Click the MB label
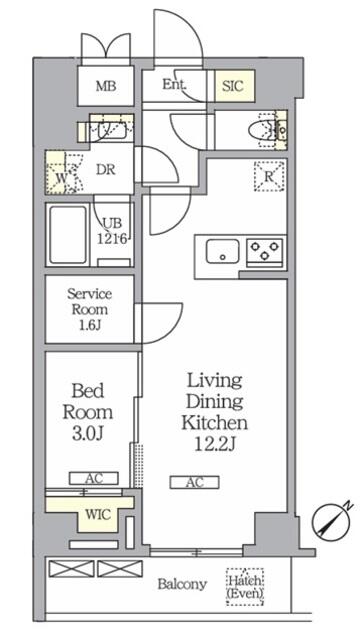pos(106,86)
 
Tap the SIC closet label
pos(233,86)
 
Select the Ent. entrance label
pos(174,84)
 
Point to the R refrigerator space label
pos(269,177)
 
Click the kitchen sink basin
pos(222,251)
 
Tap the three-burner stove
pos(264,251)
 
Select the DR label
pos(106,170)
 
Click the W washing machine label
pos(61,178)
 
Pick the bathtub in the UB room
pos(68,236)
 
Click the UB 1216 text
pos(112,231)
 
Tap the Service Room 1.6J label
pos(89,309)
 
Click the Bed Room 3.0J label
pos(87,412)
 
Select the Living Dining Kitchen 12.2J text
pos(214,413)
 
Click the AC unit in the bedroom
pos(93,478)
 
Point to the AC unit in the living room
pos(195,482)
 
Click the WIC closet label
pos(98,514)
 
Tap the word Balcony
pos(182,584)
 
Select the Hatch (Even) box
pos(245,587)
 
